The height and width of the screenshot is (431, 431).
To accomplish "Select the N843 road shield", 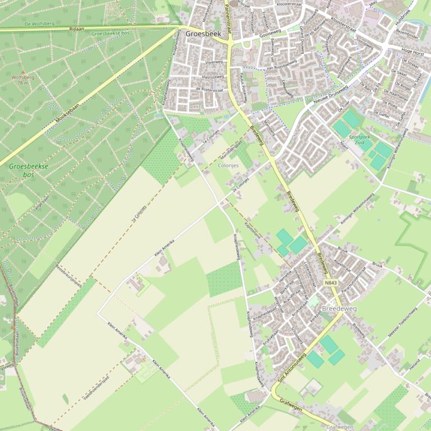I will [x=331, y=283].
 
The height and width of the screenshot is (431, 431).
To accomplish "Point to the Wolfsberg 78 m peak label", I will [x=23, y=79].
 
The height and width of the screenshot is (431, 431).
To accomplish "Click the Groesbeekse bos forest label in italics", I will [x=29, y=170].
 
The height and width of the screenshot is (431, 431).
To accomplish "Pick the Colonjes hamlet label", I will [x=228, y=166].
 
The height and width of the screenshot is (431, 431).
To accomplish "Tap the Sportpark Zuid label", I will [x=360, y=139].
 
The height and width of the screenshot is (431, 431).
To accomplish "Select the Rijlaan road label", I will [x=76, y=28].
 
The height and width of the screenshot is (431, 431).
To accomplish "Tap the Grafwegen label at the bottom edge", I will [x=340, y=427].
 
